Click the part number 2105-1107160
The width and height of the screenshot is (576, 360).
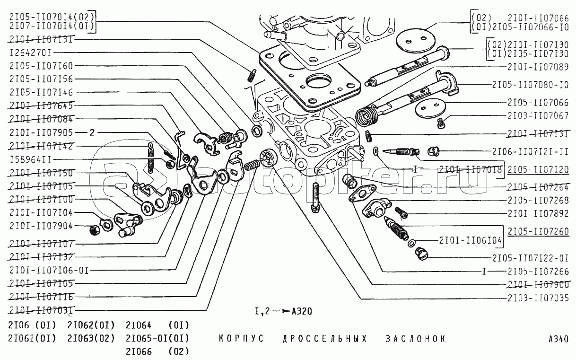41,66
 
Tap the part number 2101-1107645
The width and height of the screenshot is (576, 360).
41,105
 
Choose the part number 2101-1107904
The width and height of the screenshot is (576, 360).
41,226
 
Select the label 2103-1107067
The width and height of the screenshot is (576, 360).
538,115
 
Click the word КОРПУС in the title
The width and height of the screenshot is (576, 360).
242,339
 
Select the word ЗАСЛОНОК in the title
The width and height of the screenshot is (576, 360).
416,339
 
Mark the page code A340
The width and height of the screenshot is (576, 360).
559,339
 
